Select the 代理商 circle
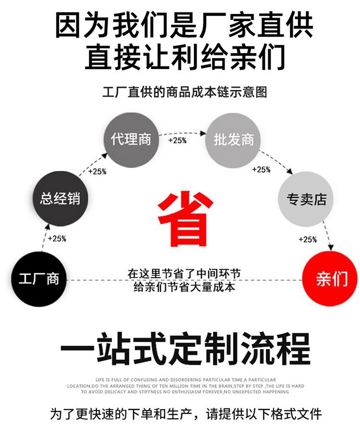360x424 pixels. click(x=131, y=140)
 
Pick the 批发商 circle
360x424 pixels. click(x=234, y=140)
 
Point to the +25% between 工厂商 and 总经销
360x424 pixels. click(x=57, y=238)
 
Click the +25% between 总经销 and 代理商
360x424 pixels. click(x=97, y=171)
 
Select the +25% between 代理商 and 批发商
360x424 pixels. click(x=177, y=141)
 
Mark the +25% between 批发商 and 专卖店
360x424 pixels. click(x=261, y=169)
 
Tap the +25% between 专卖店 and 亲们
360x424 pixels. click(x=308, y=239)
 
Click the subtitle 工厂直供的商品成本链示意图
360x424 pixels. click(x=184, y=92)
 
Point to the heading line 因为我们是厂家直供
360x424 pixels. click(x=184, y=25)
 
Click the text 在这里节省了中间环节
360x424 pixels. click(x=184, y=274)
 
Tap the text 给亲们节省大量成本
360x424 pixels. click(x=184, y=287)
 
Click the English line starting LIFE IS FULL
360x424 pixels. click(x=184, y=378)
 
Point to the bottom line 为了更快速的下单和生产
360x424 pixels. click(x=184, y=413)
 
